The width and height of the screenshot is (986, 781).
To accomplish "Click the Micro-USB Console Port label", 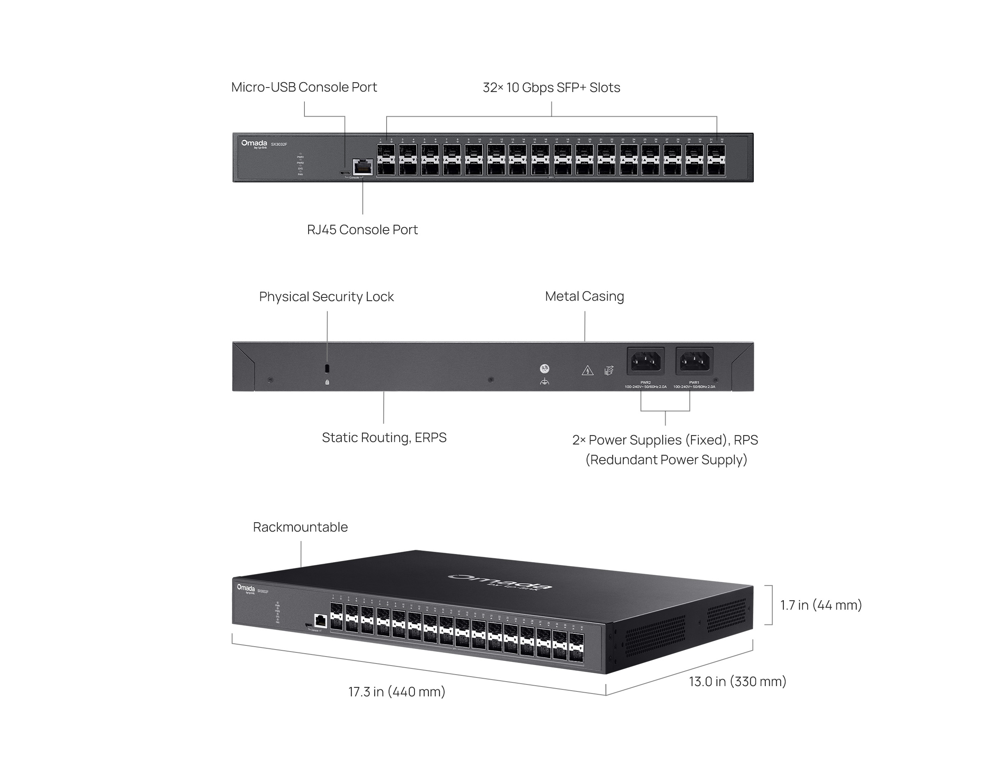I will tap(304, 87).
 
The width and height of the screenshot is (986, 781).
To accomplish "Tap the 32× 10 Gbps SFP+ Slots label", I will tap(551, 88).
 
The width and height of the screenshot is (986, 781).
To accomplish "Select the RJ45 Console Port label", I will tap(362, 230).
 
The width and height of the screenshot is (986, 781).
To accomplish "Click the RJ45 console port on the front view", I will tap(363, 167).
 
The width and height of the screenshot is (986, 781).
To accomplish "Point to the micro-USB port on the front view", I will tap(344, 173).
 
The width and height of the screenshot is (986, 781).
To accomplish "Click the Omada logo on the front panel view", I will tap(254, 143).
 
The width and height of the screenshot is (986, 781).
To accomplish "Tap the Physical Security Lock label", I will tap(326, 297).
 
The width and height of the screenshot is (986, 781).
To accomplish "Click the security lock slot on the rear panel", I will tap(327, 368).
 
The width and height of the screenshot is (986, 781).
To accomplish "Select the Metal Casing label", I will tap(584, 296).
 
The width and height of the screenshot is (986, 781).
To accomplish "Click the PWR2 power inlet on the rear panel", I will tap(645, 361).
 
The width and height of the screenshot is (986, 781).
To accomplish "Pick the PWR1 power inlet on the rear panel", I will tap(694, 361).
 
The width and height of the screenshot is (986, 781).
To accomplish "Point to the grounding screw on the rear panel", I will tap(544, 369).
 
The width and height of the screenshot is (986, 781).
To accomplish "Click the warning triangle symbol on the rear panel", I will tap(587, 371).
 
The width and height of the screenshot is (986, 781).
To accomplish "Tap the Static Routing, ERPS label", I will tap(384, 438).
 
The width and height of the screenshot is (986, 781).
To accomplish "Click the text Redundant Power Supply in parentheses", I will tap(666, 460).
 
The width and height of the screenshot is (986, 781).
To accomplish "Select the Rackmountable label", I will tap(300, 527).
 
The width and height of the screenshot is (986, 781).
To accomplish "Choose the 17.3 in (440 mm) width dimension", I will tap(396, 692).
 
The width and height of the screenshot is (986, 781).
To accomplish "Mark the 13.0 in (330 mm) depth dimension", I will tap(737, 681).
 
